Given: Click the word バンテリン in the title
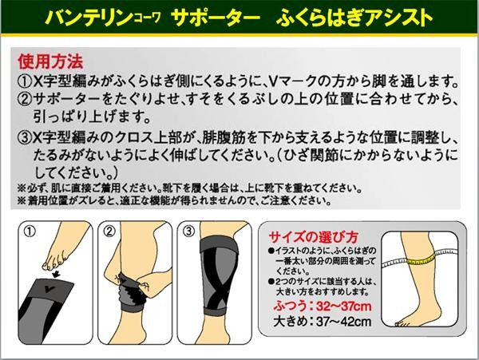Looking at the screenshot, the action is [89, 18].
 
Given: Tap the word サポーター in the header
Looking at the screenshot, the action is [216, 18].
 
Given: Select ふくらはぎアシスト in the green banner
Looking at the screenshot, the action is [354, 18].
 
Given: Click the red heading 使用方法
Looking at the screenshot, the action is [50, 61].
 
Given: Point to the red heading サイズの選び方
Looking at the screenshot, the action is [313, 236].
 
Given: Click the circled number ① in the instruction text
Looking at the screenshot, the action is [25, 81].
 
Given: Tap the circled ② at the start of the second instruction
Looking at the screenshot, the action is [25, 99].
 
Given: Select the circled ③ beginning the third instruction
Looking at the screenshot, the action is [25, 138].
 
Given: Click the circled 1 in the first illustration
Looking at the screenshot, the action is [30, 231].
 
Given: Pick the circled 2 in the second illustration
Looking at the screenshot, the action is [109, 231].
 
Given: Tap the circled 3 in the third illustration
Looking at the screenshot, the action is [188, 231].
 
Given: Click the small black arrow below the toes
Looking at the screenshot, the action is [56, 275].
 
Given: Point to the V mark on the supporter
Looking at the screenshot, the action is [46, 288].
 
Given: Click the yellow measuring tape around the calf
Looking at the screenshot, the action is [422, 259].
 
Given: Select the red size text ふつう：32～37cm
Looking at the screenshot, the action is [323, 306].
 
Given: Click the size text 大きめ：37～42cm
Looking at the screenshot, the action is [323, 321].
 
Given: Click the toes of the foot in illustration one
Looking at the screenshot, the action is [54, 260].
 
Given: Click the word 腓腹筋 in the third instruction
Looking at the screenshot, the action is [224, 138].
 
